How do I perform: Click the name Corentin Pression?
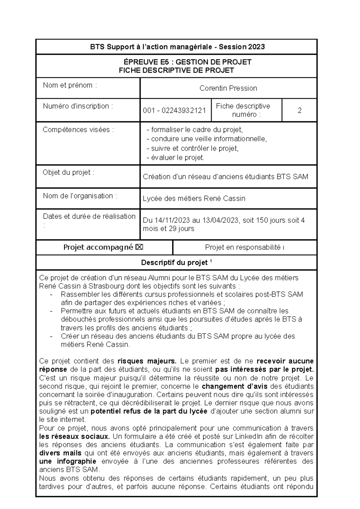click(x=228, y=88)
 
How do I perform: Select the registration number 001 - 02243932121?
click(x=174, y=110)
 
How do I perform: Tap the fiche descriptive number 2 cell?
click(x=299, y=110)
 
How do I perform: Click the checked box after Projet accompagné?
click(x=139, y=247)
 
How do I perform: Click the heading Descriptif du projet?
click(x=175, y=263)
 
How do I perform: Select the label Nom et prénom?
click(x=70, y=85)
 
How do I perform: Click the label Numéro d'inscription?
click(x=78, y=106)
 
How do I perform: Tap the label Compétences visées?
click(x=78, y=130)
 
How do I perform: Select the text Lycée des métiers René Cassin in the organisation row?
click(x=194, y=199)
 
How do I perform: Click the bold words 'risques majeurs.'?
click(x=147, y=361)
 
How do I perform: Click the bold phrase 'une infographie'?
click(x=68, y=461)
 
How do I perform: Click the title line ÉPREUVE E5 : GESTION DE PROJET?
click(x=187, y=62)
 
